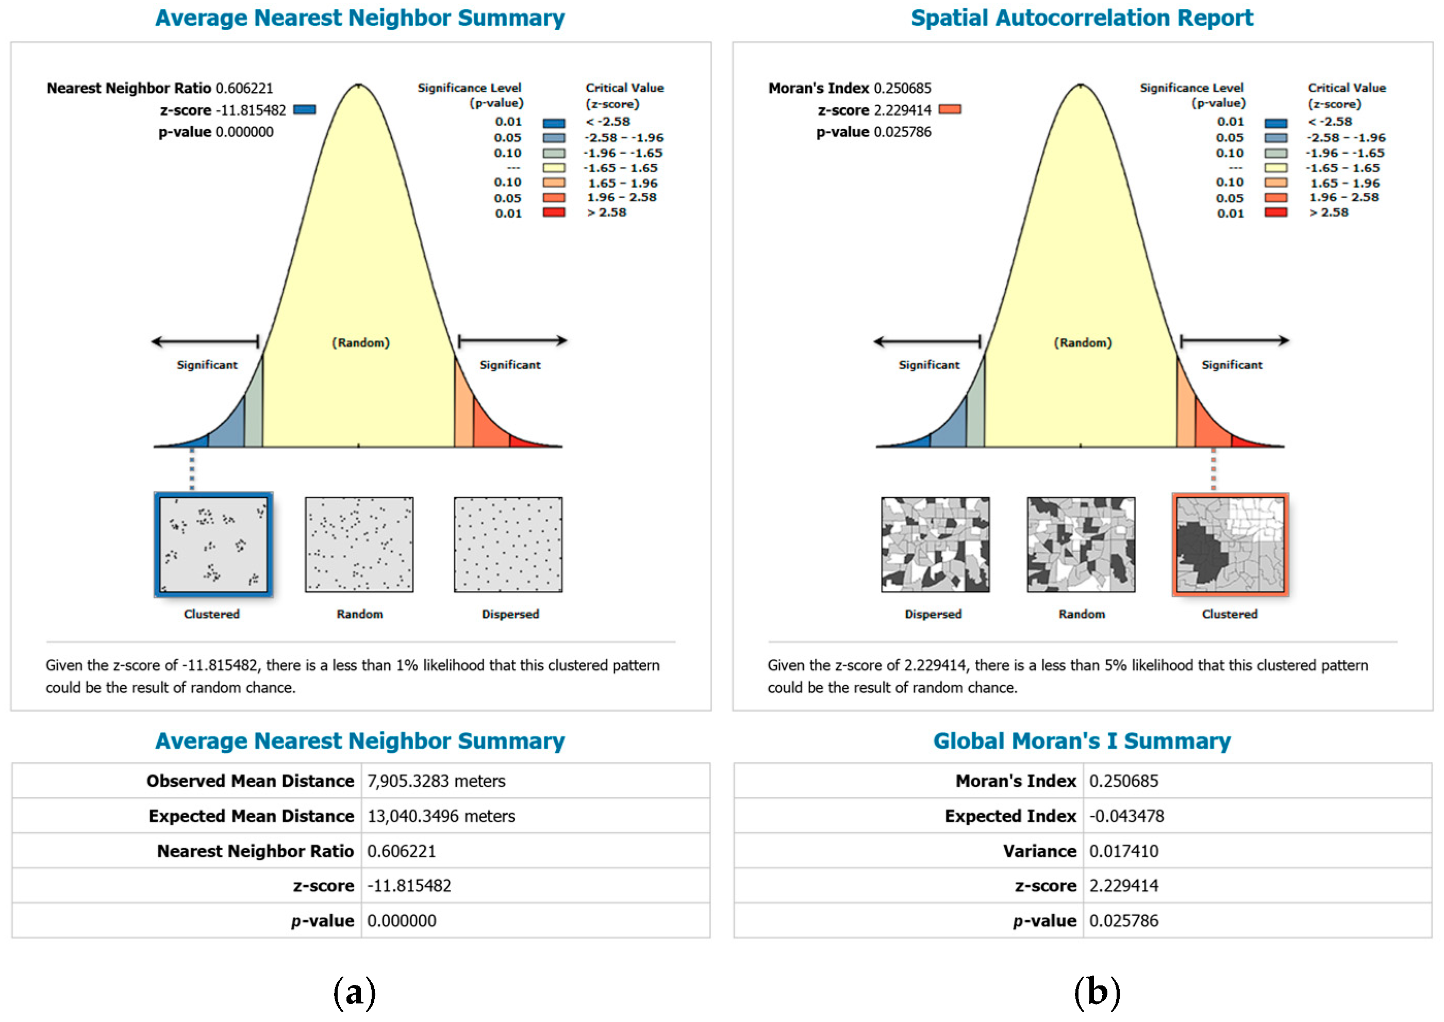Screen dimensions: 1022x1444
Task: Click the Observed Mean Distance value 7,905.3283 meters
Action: tap(436, 781)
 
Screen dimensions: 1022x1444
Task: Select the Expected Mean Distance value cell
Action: tap(441, 816)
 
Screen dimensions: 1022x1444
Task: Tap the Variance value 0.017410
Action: tap(1123, 851)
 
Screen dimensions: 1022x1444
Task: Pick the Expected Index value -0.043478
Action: tap(1126, 816)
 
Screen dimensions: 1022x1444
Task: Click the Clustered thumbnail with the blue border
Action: tap(213, 545)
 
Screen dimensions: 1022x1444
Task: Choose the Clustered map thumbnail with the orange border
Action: tap(1230, 545)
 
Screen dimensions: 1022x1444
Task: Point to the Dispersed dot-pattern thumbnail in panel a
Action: tap(508, 545)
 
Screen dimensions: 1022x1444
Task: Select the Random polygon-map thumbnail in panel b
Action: tap(1081, 545)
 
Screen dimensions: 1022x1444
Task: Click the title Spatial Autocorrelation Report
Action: tap(1082, 18)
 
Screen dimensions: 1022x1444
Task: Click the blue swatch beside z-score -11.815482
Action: tap(305, 109)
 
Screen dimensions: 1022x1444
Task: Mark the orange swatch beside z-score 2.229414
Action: tap(950, 109)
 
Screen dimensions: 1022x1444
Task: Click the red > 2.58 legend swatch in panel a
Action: tap(554, 213)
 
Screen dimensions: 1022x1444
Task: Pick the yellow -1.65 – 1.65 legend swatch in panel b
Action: tap(1275, 168)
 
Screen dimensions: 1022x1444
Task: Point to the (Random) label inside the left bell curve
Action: tap(360, 343)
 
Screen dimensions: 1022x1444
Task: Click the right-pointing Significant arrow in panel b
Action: tap(1235, 341)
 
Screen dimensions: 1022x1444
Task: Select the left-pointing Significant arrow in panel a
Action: tap(205, 342)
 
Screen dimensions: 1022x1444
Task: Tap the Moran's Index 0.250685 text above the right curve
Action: tap(850, 88)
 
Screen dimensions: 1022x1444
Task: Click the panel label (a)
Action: tap(354, 993)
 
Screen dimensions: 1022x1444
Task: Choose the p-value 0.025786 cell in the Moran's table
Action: tap(1123, 921)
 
